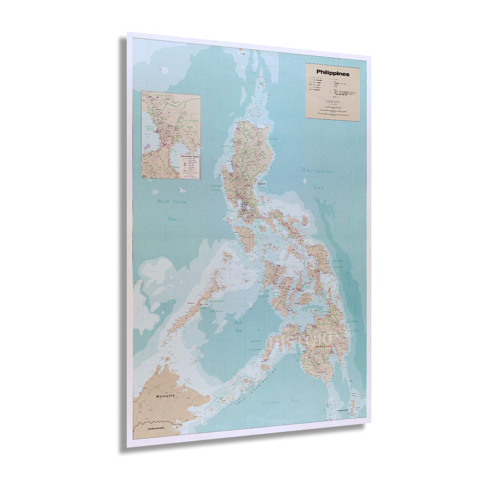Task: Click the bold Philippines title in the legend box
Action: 328,74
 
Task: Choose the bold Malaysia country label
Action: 165,396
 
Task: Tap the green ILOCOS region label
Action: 226,146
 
